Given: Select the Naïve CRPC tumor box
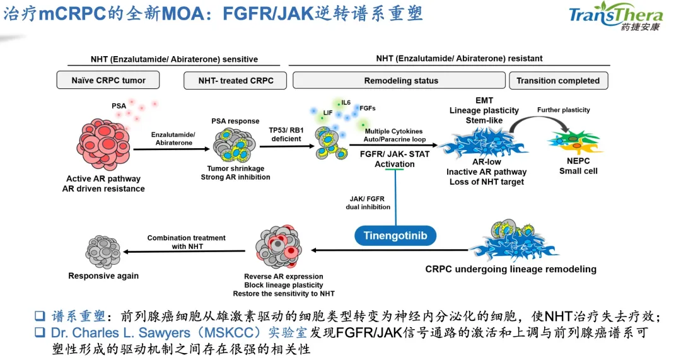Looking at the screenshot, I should tap(108, 81).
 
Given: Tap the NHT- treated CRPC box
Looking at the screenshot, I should tap(234, 81).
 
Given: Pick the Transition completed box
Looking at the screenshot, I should tap(557, 81).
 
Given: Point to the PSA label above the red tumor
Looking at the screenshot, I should tap(119, 106).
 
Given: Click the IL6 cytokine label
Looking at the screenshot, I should tap(346, 102).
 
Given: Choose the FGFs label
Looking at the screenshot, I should tap(367, 108).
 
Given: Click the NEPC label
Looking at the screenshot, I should tap(578, 161).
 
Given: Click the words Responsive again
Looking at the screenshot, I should tap(103, 276).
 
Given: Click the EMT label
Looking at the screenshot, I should tap(484, 100).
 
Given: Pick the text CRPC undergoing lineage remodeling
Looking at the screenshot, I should tap(510, 269).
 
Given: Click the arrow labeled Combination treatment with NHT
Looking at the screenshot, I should tap(186, 252).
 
